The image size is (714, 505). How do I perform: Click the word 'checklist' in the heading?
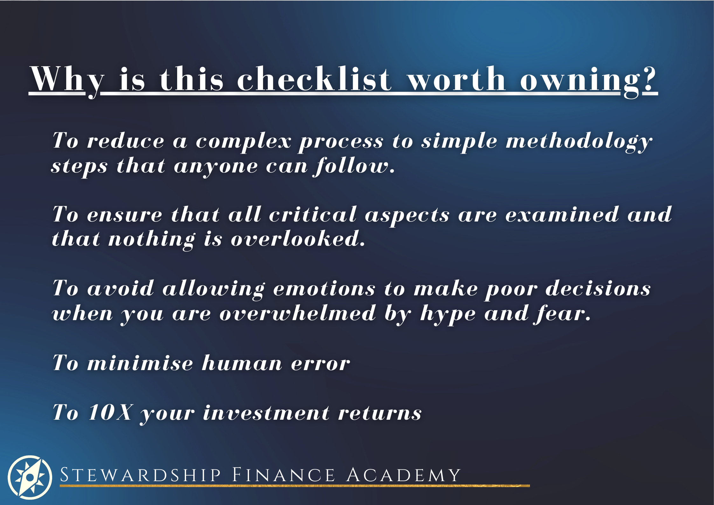pos(314,79)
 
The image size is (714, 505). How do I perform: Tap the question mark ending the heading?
pos(649,79)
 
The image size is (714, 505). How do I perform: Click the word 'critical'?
pos(313,215)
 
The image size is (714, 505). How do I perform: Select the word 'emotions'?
pos(324,289)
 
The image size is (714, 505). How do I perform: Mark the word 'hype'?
pos(448,315)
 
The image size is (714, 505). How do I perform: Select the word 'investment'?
pos(266,412)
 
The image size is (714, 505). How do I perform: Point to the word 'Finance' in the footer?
pos(283,475)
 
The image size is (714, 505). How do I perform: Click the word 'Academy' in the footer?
pos(403,475)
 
